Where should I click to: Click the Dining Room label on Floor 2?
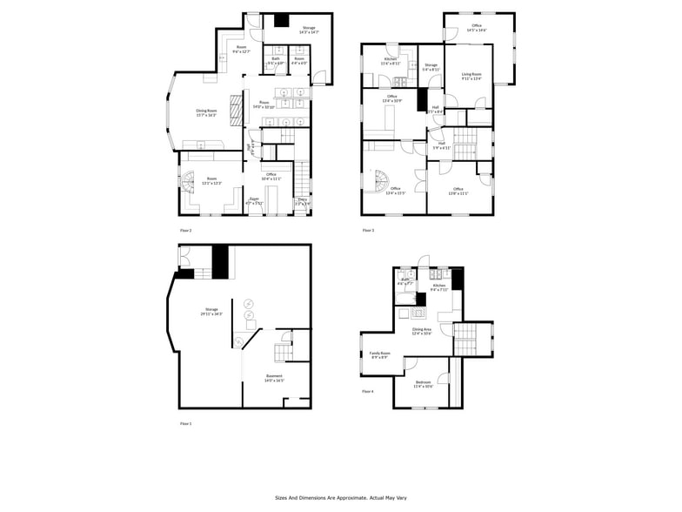coord(206,112)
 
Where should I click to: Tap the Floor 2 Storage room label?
coord(309,30)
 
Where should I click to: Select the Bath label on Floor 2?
coord(276,60)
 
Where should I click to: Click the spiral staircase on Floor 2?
coord(190,185)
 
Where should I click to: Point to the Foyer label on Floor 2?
coord(255,200)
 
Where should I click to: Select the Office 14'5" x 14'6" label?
coord(477,28)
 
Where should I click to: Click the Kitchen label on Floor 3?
coord(391,61)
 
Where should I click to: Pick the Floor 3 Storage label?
coord(431,66)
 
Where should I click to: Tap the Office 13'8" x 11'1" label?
coord(458,191)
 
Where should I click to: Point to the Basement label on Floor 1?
coord(275,378)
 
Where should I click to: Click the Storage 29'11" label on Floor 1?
coord(211,311)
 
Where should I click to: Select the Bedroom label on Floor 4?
coord(423,385)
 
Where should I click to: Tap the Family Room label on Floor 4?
coord(380,354)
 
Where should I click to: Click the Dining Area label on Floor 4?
coord(422,331)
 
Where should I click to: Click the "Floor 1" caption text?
coord(185,423)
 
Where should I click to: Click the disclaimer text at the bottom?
coord(341,497)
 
